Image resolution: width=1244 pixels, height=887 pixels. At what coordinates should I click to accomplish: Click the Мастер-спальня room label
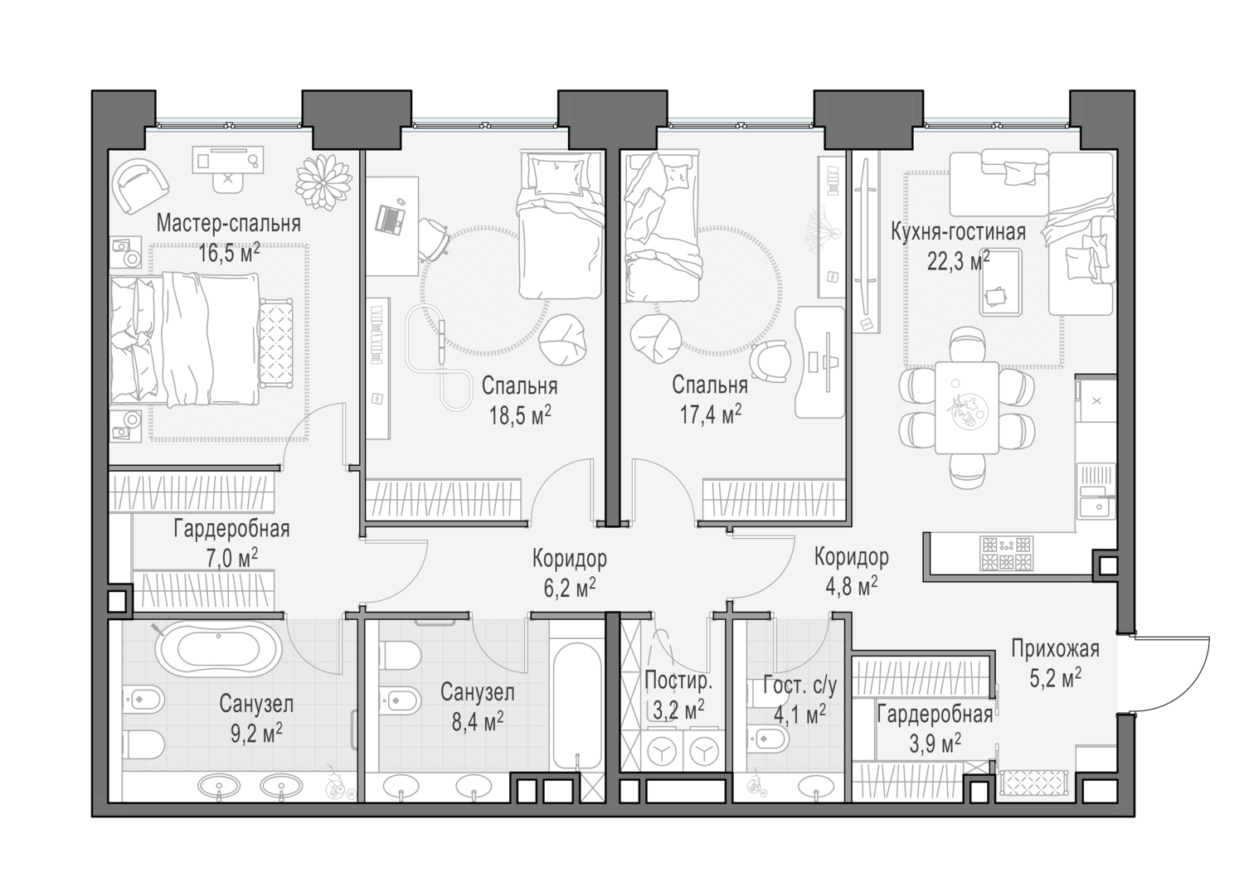[228, 224]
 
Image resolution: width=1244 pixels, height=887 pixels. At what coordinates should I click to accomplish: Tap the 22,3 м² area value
[958, 263]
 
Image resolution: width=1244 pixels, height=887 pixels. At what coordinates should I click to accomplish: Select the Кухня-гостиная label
[958, 232]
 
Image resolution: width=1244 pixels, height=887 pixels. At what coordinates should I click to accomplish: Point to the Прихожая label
[1055, 649]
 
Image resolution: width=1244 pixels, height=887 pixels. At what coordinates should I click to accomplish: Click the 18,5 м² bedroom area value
[520, 415]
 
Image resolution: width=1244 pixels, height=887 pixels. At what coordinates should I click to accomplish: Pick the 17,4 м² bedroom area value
[710, 415]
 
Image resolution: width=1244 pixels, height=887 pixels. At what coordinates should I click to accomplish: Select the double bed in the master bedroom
[195, 341]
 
